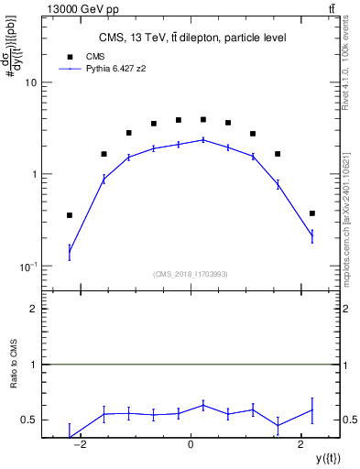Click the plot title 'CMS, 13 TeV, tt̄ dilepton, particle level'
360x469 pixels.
[x=192, y=38]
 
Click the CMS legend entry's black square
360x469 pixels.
[x=70, y=55]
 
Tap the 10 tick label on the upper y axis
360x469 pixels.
[x=30, y=82]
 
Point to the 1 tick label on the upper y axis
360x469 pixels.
[x=33, y=174]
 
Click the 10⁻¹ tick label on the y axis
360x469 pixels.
[x=27, y=266]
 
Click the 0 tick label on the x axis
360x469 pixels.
[x=191, y=444]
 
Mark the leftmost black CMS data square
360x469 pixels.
[x=70, y=215]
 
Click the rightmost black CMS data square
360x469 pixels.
[x=312, y=213]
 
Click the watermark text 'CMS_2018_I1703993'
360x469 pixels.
[x=191, y=274]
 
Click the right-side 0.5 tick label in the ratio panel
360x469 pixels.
[x=350, y=420]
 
